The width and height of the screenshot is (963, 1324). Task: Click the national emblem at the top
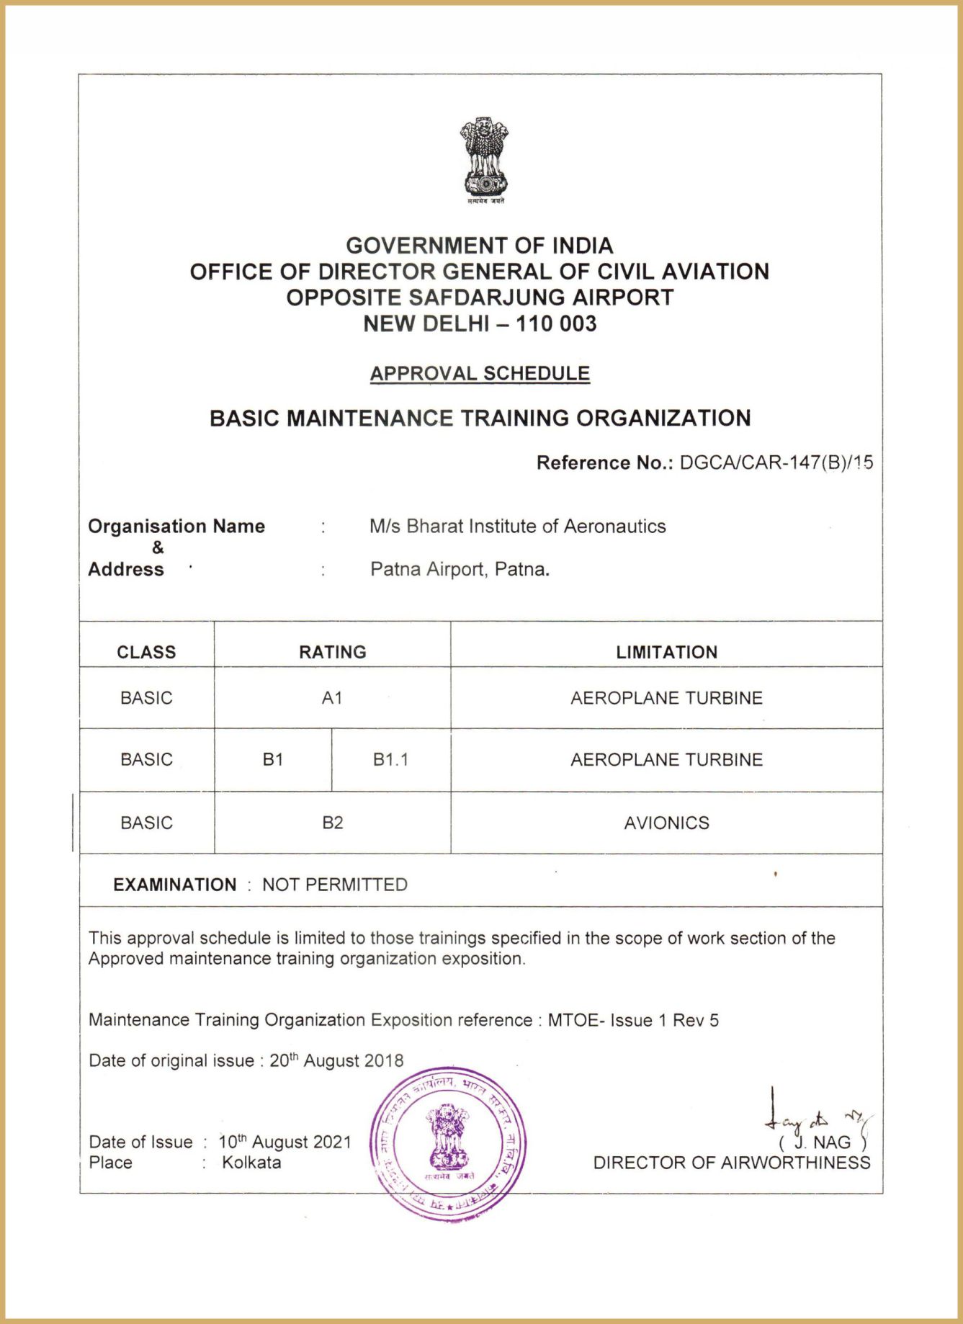484,158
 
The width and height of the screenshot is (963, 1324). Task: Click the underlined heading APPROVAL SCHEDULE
480,373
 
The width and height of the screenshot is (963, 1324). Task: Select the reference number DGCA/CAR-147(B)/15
776,462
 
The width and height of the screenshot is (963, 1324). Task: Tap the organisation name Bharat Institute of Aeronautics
517,527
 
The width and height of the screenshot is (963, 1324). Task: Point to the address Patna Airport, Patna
460,570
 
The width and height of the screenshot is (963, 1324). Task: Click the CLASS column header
146,652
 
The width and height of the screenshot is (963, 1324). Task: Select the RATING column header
332,652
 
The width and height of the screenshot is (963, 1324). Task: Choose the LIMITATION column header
666,652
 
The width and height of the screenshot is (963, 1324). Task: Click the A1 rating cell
332,698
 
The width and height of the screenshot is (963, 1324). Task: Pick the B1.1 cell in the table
390,760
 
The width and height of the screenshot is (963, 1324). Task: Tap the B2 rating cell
332,823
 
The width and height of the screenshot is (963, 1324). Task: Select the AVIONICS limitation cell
666,823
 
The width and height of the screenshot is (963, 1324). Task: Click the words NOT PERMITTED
335,885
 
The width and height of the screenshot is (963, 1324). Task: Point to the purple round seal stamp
448,1145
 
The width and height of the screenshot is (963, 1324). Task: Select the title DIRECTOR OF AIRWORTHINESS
731,1163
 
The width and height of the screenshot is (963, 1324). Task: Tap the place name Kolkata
251,1163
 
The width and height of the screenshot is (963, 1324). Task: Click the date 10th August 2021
285,1142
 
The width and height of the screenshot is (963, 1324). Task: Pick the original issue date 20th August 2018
336,1061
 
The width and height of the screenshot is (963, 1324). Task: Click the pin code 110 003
556,324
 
